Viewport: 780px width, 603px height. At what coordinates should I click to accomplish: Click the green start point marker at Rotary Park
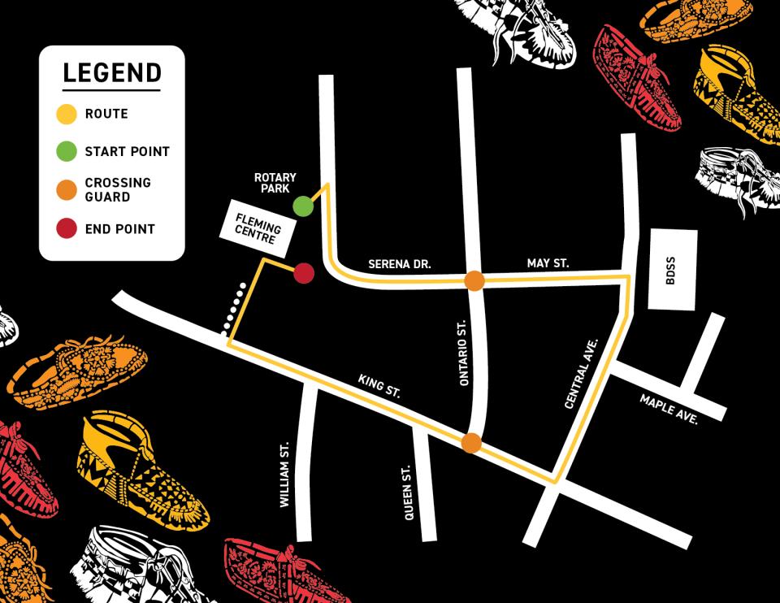pyautogui.click(x=303, y=206)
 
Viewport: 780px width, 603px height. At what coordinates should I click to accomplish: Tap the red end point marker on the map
pyautogui.click(x=303, y=273)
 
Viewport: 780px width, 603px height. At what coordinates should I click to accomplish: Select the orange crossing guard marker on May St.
pyautogui.click(x=474, y=281)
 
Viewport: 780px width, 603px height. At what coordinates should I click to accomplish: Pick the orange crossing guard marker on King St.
pyautogui.click(x=470, y=443)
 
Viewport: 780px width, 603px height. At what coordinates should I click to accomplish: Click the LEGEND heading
pyautogui.click(x=112, y=73)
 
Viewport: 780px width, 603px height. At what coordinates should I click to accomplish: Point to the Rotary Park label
pyautogui.click(x=275, y=183)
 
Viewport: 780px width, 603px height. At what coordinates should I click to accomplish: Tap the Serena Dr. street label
pyautogui.click(x=399, y=264)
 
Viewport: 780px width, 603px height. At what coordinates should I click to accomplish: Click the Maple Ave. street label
pyautogui.click(x=669, y=406)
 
